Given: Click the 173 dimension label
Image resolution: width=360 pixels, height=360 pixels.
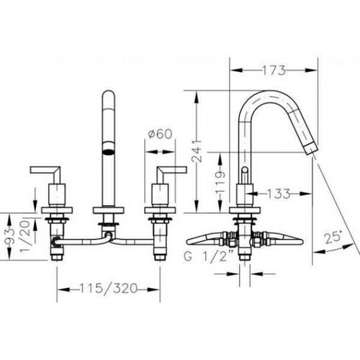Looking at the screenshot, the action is click(274, 71).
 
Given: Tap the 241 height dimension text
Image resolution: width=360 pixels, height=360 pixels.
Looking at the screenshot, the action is click(197, 151).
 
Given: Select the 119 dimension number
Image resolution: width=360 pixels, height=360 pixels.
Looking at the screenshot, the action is click(220, 182).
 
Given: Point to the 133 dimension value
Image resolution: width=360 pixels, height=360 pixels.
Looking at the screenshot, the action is click(278, 194).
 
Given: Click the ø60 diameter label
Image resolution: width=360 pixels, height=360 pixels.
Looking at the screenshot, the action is click(161, 134).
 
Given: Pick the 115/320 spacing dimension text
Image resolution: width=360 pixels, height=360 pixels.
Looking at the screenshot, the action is click(108, 288).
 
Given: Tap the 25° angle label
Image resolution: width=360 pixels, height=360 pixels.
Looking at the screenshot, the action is click(333, 238).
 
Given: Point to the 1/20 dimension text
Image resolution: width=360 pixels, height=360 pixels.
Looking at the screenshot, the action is click(24, 236).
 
